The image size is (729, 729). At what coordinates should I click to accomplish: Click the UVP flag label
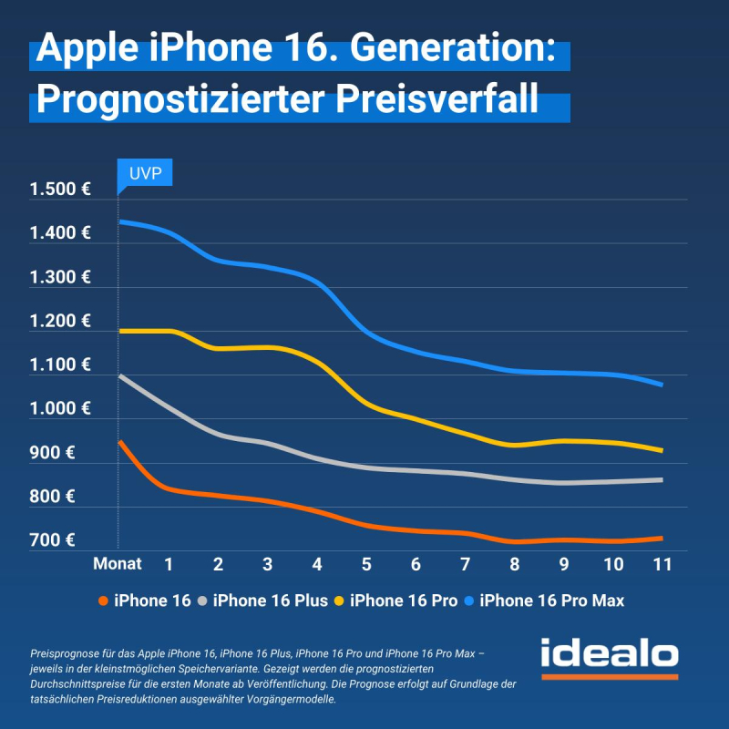(145, 173)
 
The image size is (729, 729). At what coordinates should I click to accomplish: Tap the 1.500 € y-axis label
(60, 190)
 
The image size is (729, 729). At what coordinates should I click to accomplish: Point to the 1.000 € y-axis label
(60, 408)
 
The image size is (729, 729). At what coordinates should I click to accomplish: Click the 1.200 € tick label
(60, 321)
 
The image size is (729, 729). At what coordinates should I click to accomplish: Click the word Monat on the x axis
(118, 564)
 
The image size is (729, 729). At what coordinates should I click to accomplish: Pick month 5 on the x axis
(366, 564)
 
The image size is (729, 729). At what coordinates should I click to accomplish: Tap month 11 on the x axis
(662, 564)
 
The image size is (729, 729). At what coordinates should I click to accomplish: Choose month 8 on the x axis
(514, 564)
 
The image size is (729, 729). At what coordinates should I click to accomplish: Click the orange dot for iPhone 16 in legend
(103, 600)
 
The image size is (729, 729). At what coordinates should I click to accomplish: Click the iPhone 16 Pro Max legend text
(551, 600)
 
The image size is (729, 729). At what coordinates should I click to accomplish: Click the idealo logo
(609, 656)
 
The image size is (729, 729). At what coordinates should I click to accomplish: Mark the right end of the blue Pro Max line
(661, 385)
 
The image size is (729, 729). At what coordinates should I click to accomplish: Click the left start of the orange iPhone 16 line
(120, 442)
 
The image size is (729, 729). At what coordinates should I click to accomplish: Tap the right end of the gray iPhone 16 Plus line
(662, 479)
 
